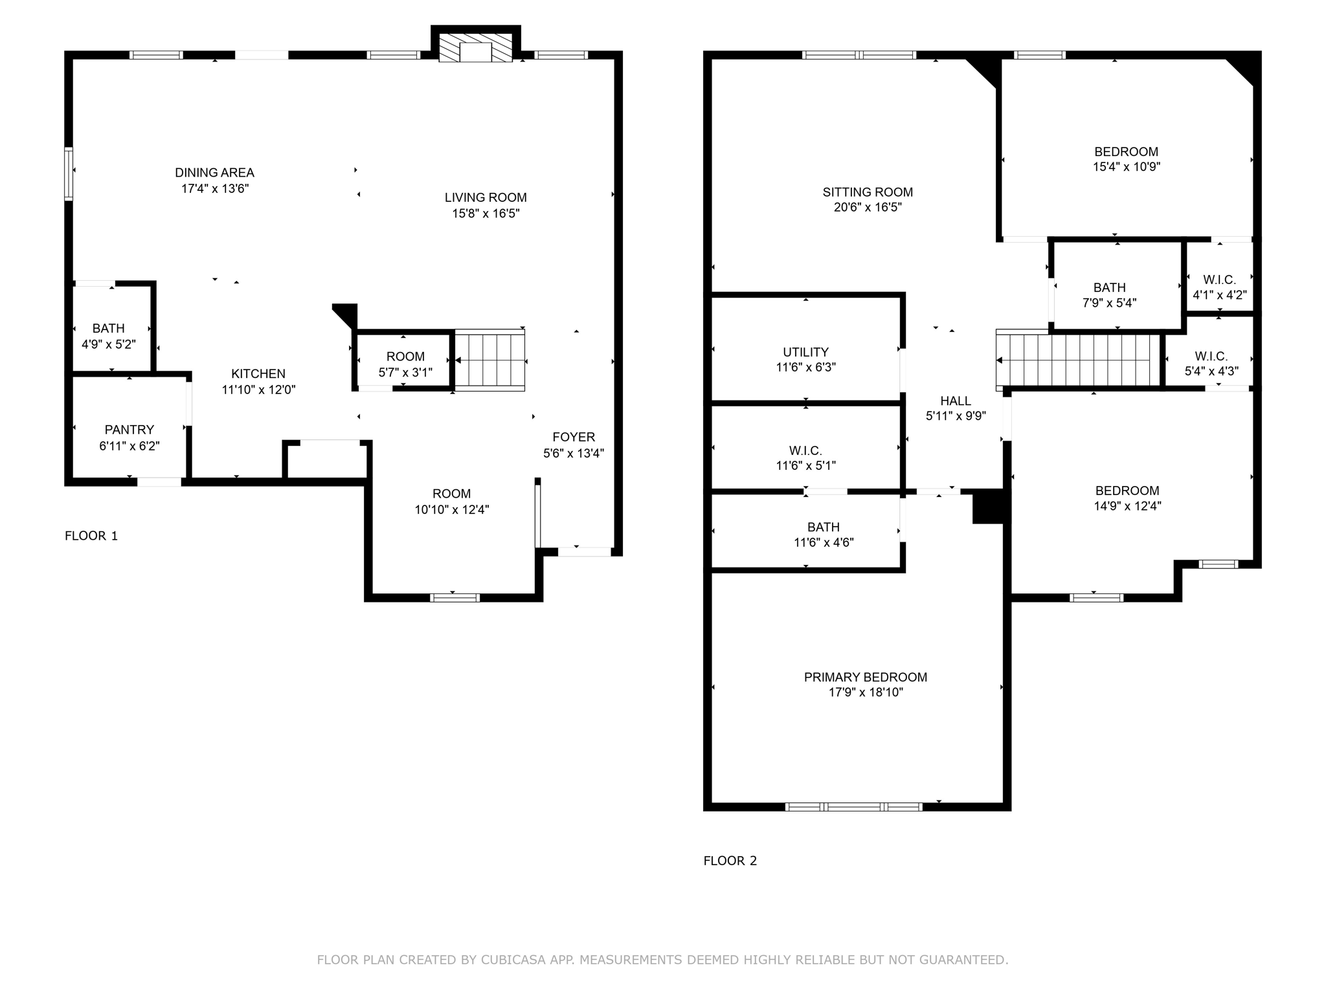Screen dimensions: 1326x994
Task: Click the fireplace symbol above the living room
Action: pos(476,47)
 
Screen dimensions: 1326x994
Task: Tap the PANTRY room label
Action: pos(129,430)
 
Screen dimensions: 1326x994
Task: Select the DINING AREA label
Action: pos(214,173)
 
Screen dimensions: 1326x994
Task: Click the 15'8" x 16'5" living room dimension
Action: pos(486,214)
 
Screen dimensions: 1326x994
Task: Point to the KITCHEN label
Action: pos(258,373)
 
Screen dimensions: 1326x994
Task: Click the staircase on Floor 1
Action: pos(489,360)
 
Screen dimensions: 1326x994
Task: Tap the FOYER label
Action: pos(574,437)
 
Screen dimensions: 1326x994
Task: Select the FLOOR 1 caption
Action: pos(91,536)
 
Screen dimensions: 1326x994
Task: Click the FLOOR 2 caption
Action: pos(730,861)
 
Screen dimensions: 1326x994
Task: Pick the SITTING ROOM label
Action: pos(868,192)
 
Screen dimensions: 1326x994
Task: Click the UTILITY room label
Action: pos(805,352)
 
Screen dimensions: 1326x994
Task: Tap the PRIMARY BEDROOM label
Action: pos(866,677)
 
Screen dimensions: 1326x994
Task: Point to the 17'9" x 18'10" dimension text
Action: pos(866,692)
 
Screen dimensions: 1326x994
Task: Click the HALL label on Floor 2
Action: pos(956,401)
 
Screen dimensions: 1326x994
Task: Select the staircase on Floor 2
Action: pos(1078,360)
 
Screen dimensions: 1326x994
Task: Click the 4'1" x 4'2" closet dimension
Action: pos(1220,295)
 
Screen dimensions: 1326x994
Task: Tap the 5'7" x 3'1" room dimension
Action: pos(405,372)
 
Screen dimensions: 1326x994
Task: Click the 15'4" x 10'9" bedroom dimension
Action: pos(1127,167)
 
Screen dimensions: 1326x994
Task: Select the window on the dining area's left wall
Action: pos(69,174)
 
